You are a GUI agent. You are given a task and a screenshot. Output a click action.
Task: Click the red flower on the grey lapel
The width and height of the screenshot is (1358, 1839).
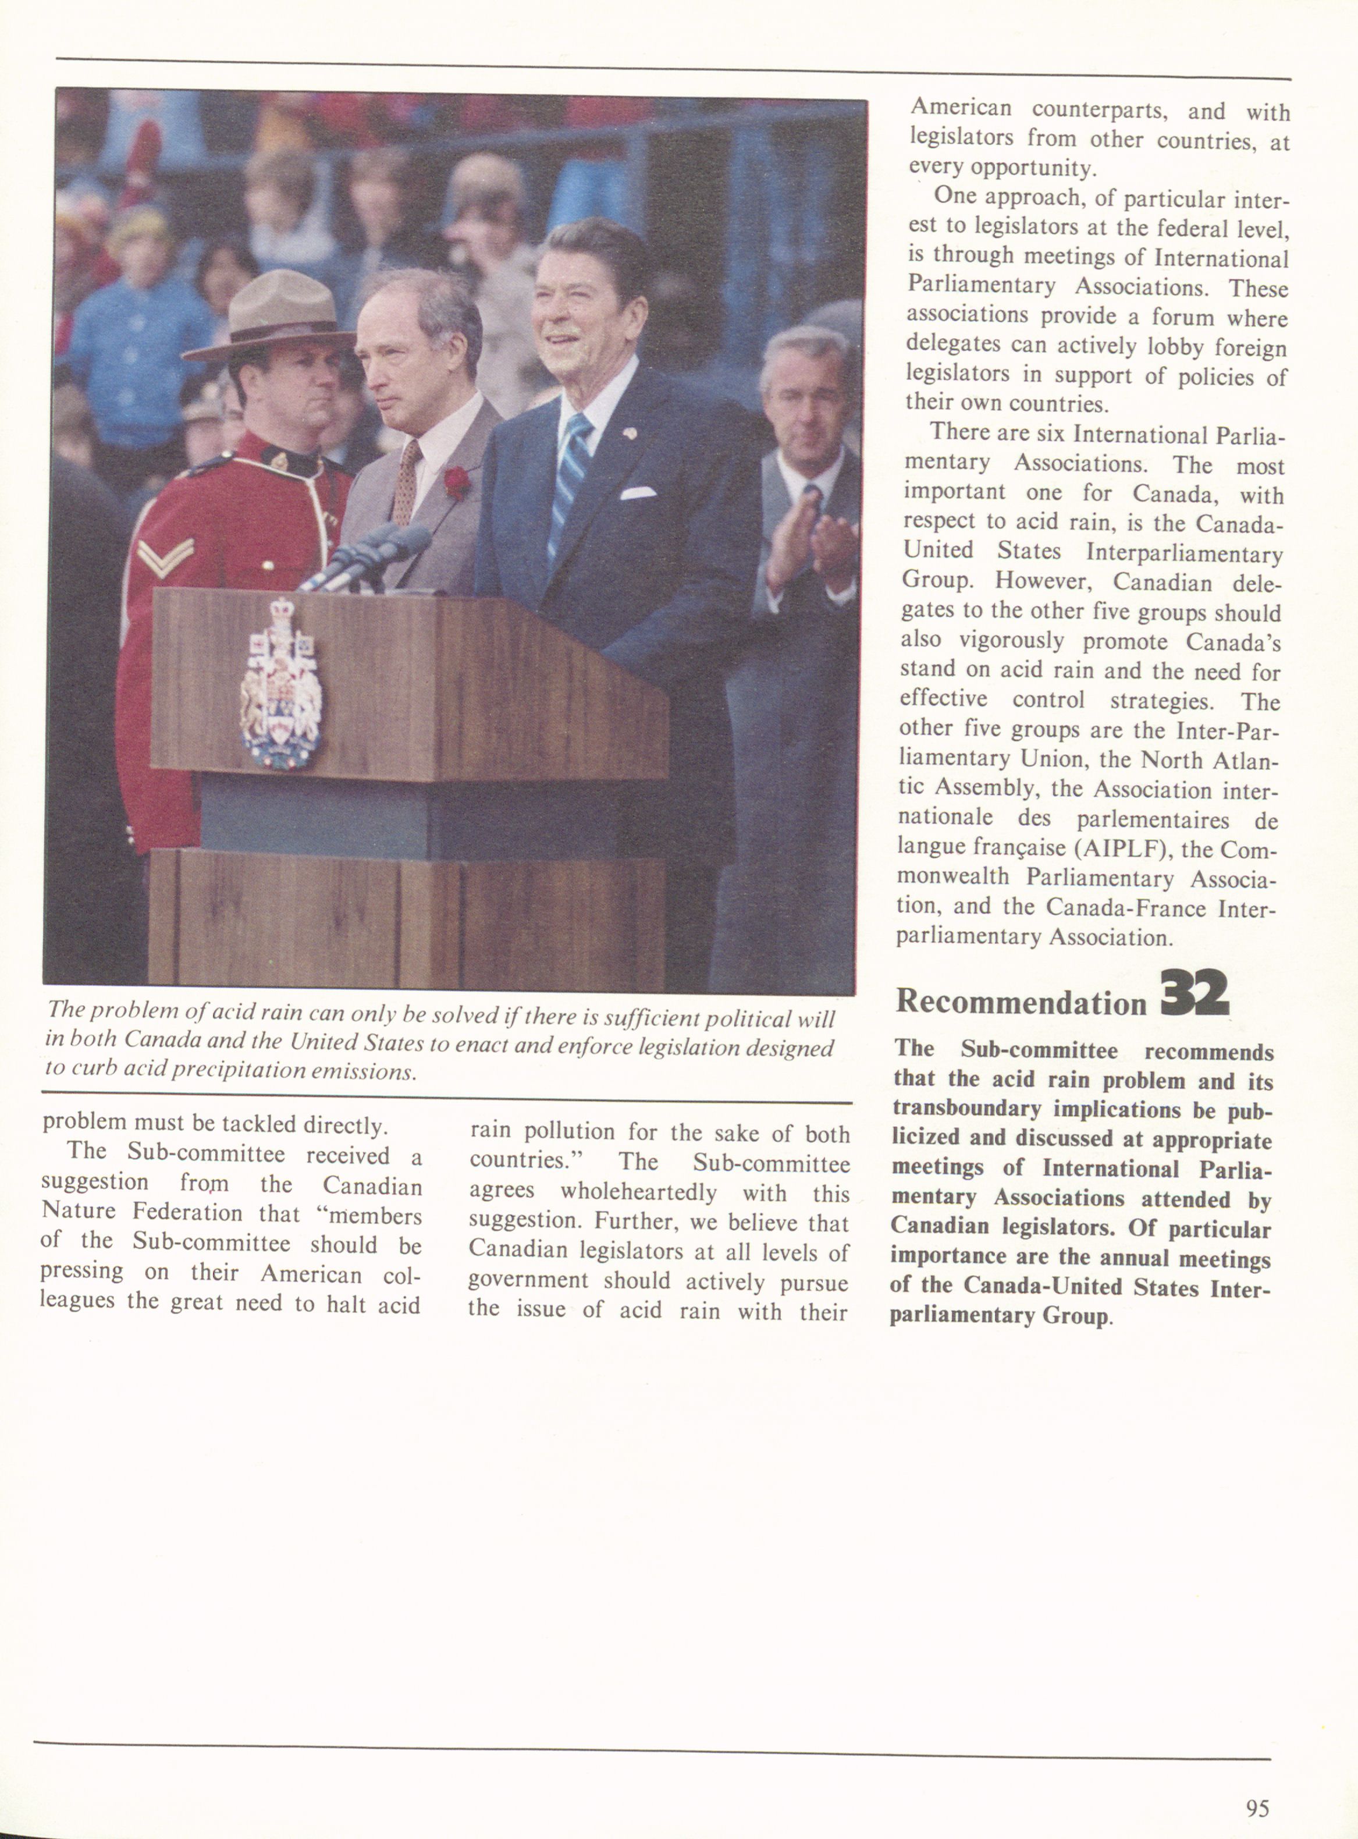point(456,482)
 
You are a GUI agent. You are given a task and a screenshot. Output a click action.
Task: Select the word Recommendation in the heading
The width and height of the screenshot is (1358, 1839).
point(1020,1002)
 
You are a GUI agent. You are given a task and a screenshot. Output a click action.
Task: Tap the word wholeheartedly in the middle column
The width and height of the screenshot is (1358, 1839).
point(639,1191)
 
